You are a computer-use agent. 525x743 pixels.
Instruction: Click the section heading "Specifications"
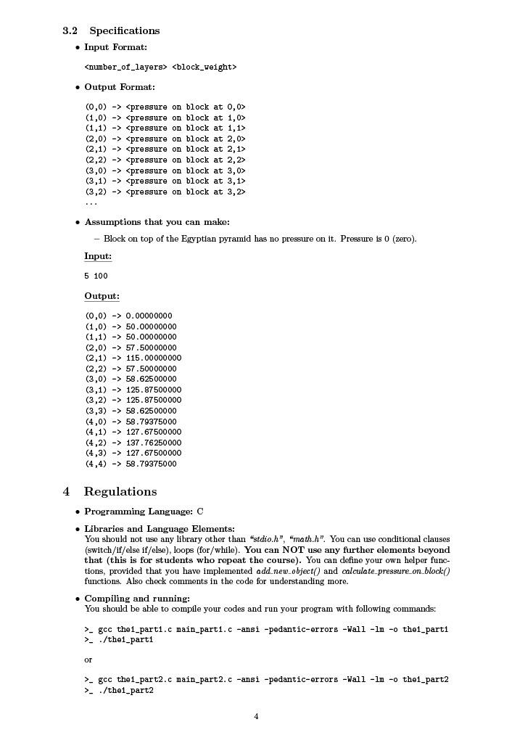(124, 30)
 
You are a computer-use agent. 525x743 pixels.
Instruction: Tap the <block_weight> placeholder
(204, 67)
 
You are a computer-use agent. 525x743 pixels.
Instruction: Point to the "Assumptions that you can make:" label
(157, 222)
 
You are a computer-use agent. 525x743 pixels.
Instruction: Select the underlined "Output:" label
(102, 296)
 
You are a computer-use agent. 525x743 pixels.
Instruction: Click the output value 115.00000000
(153, 358)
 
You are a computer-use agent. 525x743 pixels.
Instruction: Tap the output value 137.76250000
(153, 443)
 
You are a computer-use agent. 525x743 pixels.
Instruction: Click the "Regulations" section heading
(120, 491)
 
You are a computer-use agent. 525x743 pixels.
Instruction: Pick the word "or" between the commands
(88, 660)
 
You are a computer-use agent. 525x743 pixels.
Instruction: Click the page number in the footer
(256, 717)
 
